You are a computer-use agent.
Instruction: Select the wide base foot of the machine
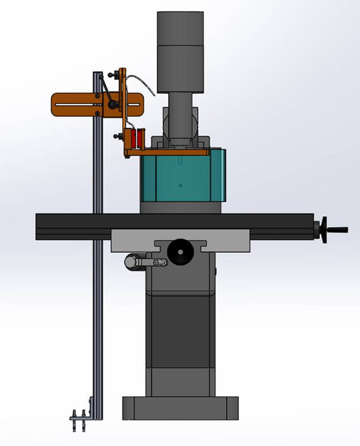pyautogui.click(x=181, y=408)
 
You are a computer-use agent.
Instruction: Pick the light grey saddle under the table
pyautogui.click(x=134, y=241)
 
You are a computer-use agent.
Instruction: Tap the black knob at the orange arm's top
pyautogui.click(x=112, y=76)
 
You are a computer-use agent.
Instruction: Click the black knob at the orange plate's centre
pyautogui.click(x=113, y=104)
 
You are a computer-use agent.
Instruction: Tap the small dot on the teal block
pyautogui.click(x=180, y=185)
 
